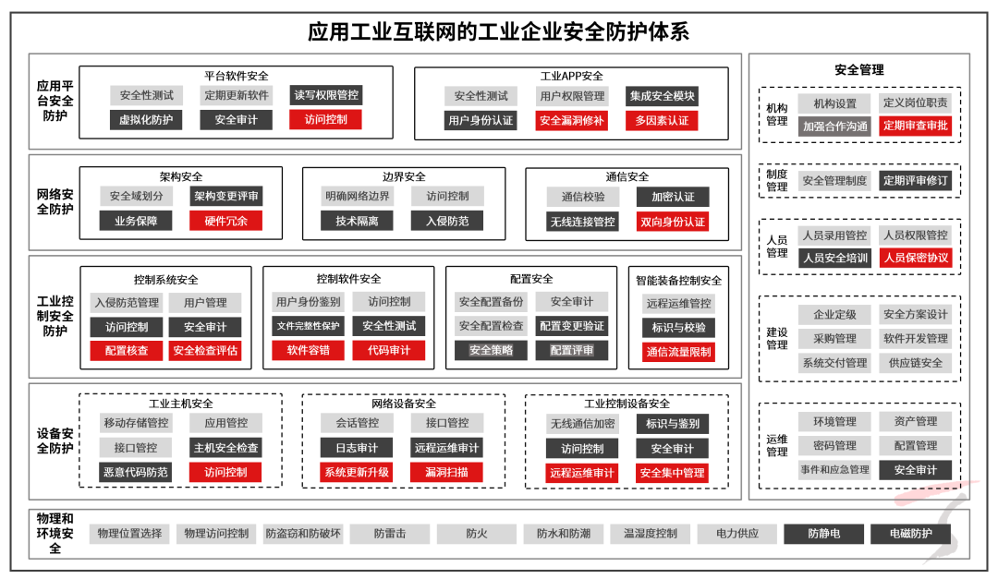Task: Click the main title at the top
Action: pos(498,31)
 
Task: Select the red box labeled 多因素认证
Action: pos(662,120)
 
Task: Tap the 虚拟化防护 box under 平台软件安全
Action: pos(146,120)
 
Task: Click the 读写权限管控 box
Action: pos(326,95)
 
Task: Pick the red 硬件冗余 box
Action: pos(226,221)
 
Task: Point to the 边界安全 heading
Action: pos(404,177)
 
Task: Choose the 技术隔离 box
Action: pos(357,221)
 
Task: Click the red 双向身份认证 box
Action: pos(673,222)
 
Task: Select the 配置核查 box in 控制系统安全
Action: pos(126,351)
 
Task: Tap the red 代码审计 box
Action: pos(389,350)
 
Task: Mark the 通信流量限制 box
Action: pos(678,352)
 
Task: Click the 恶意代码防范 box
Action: pos(136,472)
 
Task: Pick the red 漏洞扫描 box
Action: pos(447,472)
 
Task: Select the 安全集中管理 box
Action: pos(672,473)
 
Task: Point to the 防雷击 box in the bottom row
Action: pos(390,534)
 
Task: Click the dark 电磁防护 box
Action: pos(911,534)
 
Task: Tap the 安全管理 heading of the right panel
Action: pos(859,70)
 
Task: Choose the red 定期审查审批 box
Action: pos(915,126)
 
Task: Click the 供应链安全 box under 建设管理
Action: pos(915,363)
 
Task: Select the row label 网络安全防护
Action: pos(55,201)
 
